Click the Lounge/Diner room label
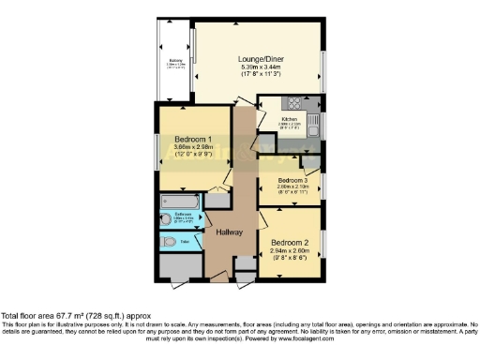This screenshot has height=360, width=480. point(262,58)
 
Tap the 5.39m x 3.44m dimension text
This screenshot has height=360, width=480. point(262,67)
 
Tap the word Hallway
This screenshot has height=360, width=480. point(230,232)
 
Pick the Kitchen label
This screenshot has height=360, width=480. point(291,120)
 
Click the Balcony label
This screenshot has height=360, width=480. point(175,64)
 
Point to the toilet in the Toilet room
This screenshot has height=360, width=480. point(168,241)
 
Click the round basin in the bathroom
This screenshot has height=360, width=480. point(167,223)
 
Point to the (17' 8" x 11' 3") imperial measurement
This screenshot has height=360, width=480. point(262,76)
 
